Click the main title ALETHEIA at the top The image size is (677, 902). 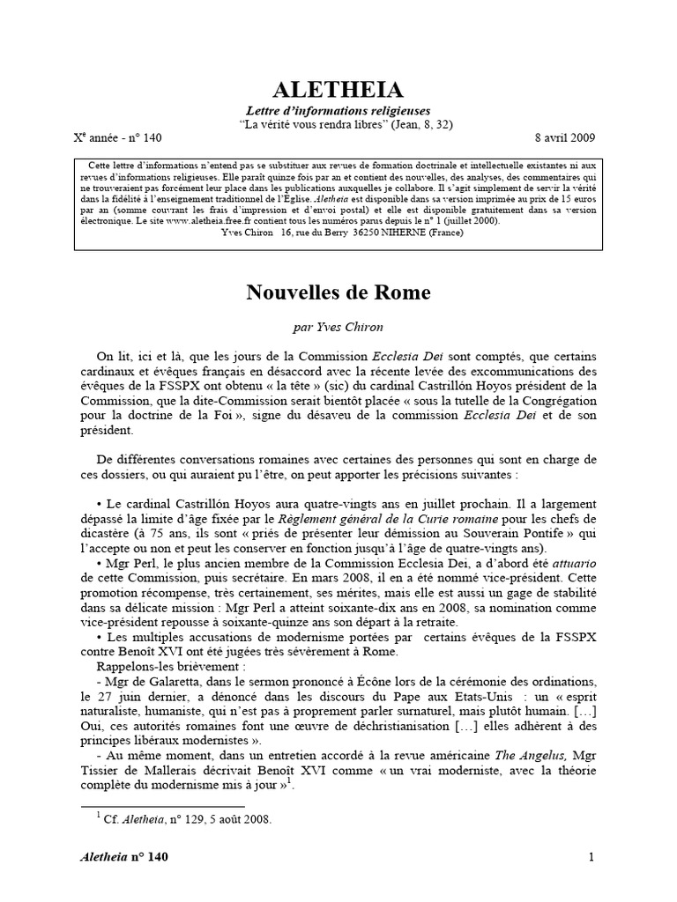coord(338,90)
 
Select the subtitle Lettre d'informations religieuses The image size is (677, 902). coord(338,109)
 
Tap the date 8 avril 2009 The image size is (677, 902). coord(564,137)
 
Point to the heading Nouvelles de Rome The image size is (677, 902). coord(338,293)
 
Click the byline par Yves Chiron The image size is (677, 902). coord(338,327)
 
